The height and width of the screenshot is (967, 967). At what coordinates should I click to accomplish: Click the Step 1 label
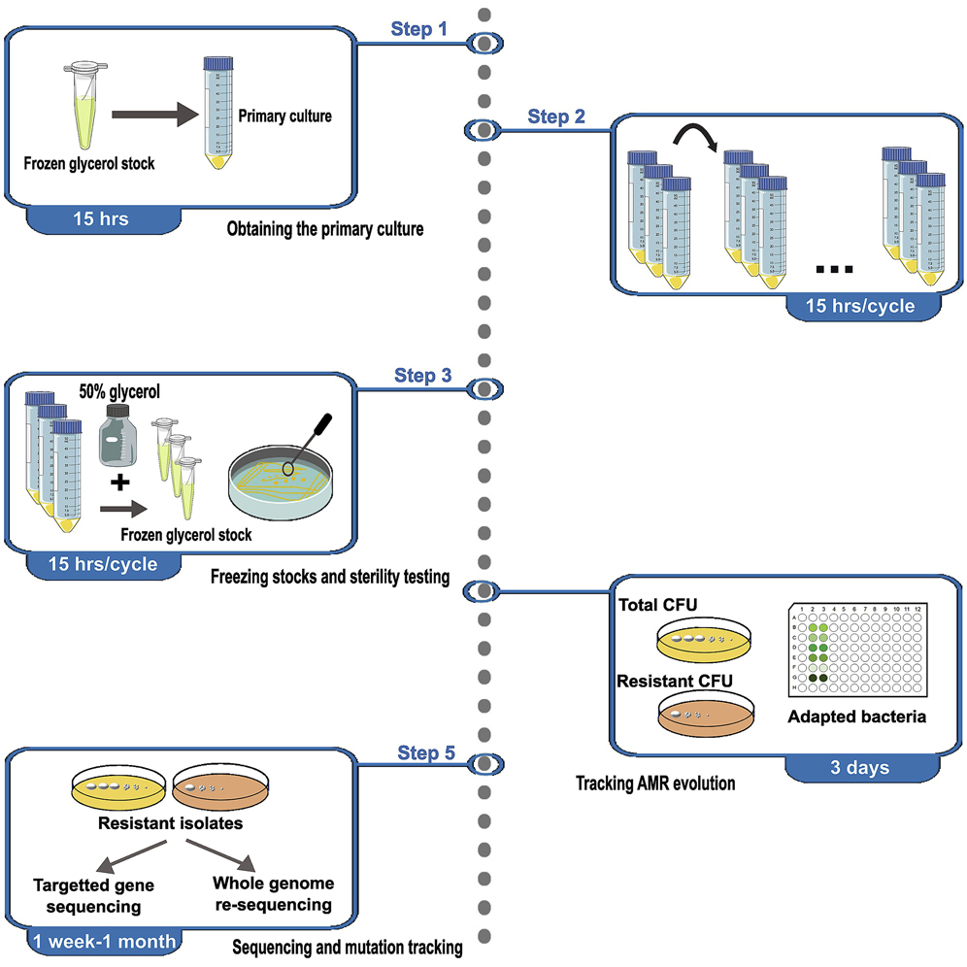418,29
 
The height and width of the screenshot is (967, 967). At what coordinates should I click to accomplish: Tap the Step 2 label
556,117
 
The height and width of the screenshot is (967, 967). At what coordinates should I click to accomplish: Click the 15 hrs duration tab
101,219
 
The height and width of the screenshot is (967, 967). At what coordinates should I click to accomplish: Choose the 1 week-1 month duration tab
104,940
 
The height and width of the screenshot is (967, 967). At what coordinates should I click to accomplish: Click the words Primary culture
284,117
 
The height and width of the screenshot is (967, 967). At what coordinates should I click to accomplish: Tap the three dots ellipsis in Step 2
834,269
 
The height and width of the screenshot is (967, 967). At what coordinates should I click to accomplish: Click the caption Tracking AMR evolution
654,783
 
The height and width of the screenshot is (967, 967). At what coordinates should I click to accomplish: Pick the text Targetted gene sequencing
93,895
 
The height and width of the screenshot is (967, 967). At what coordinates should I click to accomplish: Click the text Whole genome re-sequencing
272,894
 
